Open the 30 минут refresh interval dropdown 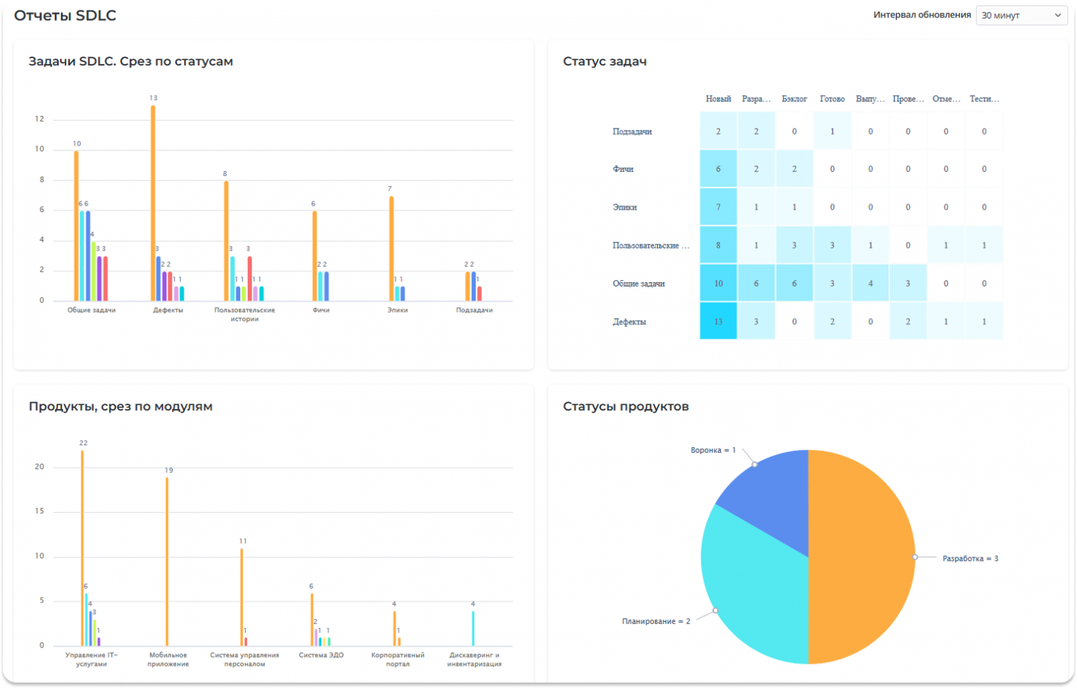[1021, 15]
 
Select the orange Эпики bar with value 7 [391, 248]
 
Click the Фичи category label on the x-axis [321, 311]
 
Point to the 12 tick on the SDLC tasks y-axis [39, 119]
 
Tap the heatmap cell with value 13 [718, 322]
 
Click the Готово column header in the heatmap [832, 99]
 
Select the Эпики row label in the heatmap [625, 207]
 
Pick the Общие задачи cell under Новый [718, 284]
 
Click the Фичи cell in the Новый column [718, 169]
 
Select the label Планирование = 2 [656, 621]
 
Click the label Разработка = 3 [970, 558]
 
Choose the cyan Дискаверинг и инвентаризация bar [473, 628]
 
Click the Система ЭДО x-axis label [321, 656]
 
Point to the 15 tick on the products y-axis [39, 511]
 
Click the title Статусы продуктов [625, 406]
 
